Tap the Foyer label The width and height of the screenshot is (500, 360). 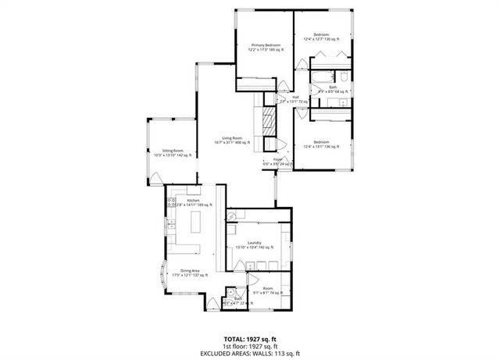[277, 161]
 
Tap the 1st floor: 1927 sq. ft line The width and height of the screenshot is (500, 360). [250, 346]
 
